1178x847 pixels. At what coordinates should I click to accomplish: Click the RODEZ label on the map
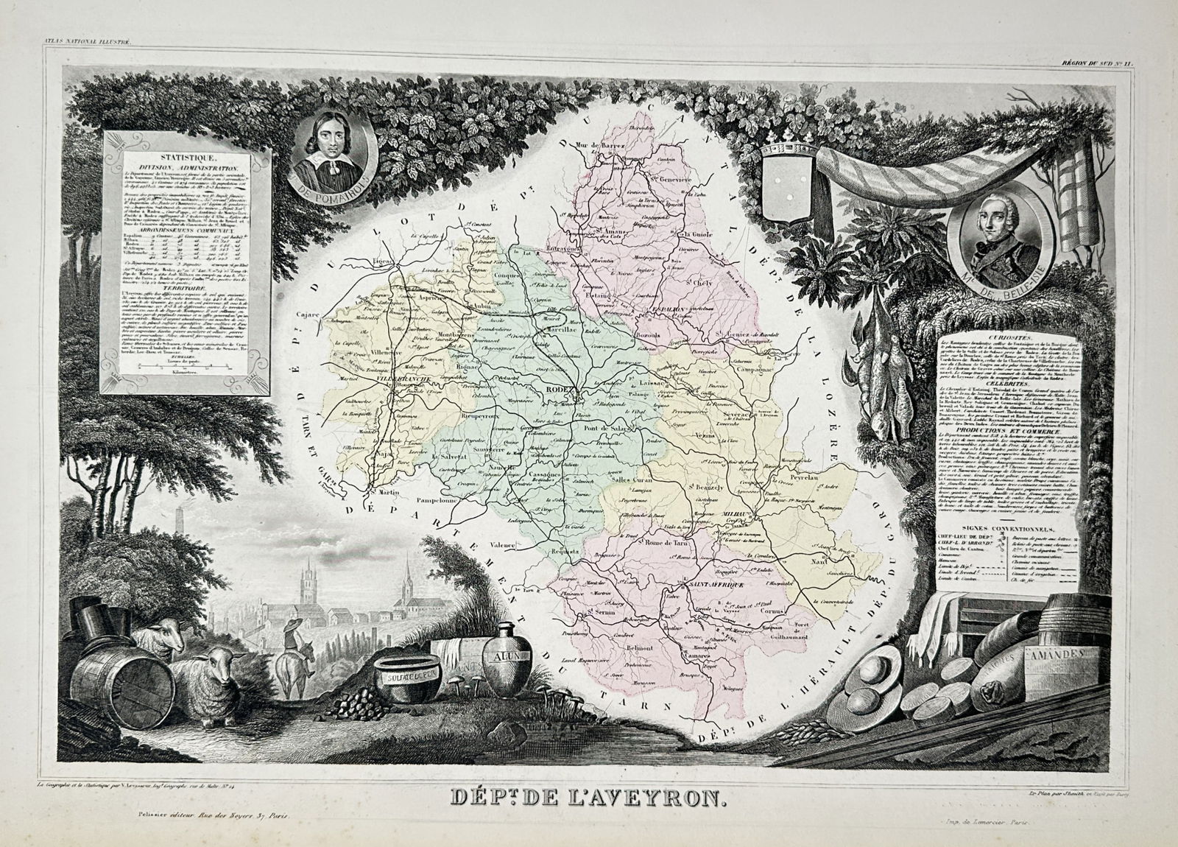[564, 393]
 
